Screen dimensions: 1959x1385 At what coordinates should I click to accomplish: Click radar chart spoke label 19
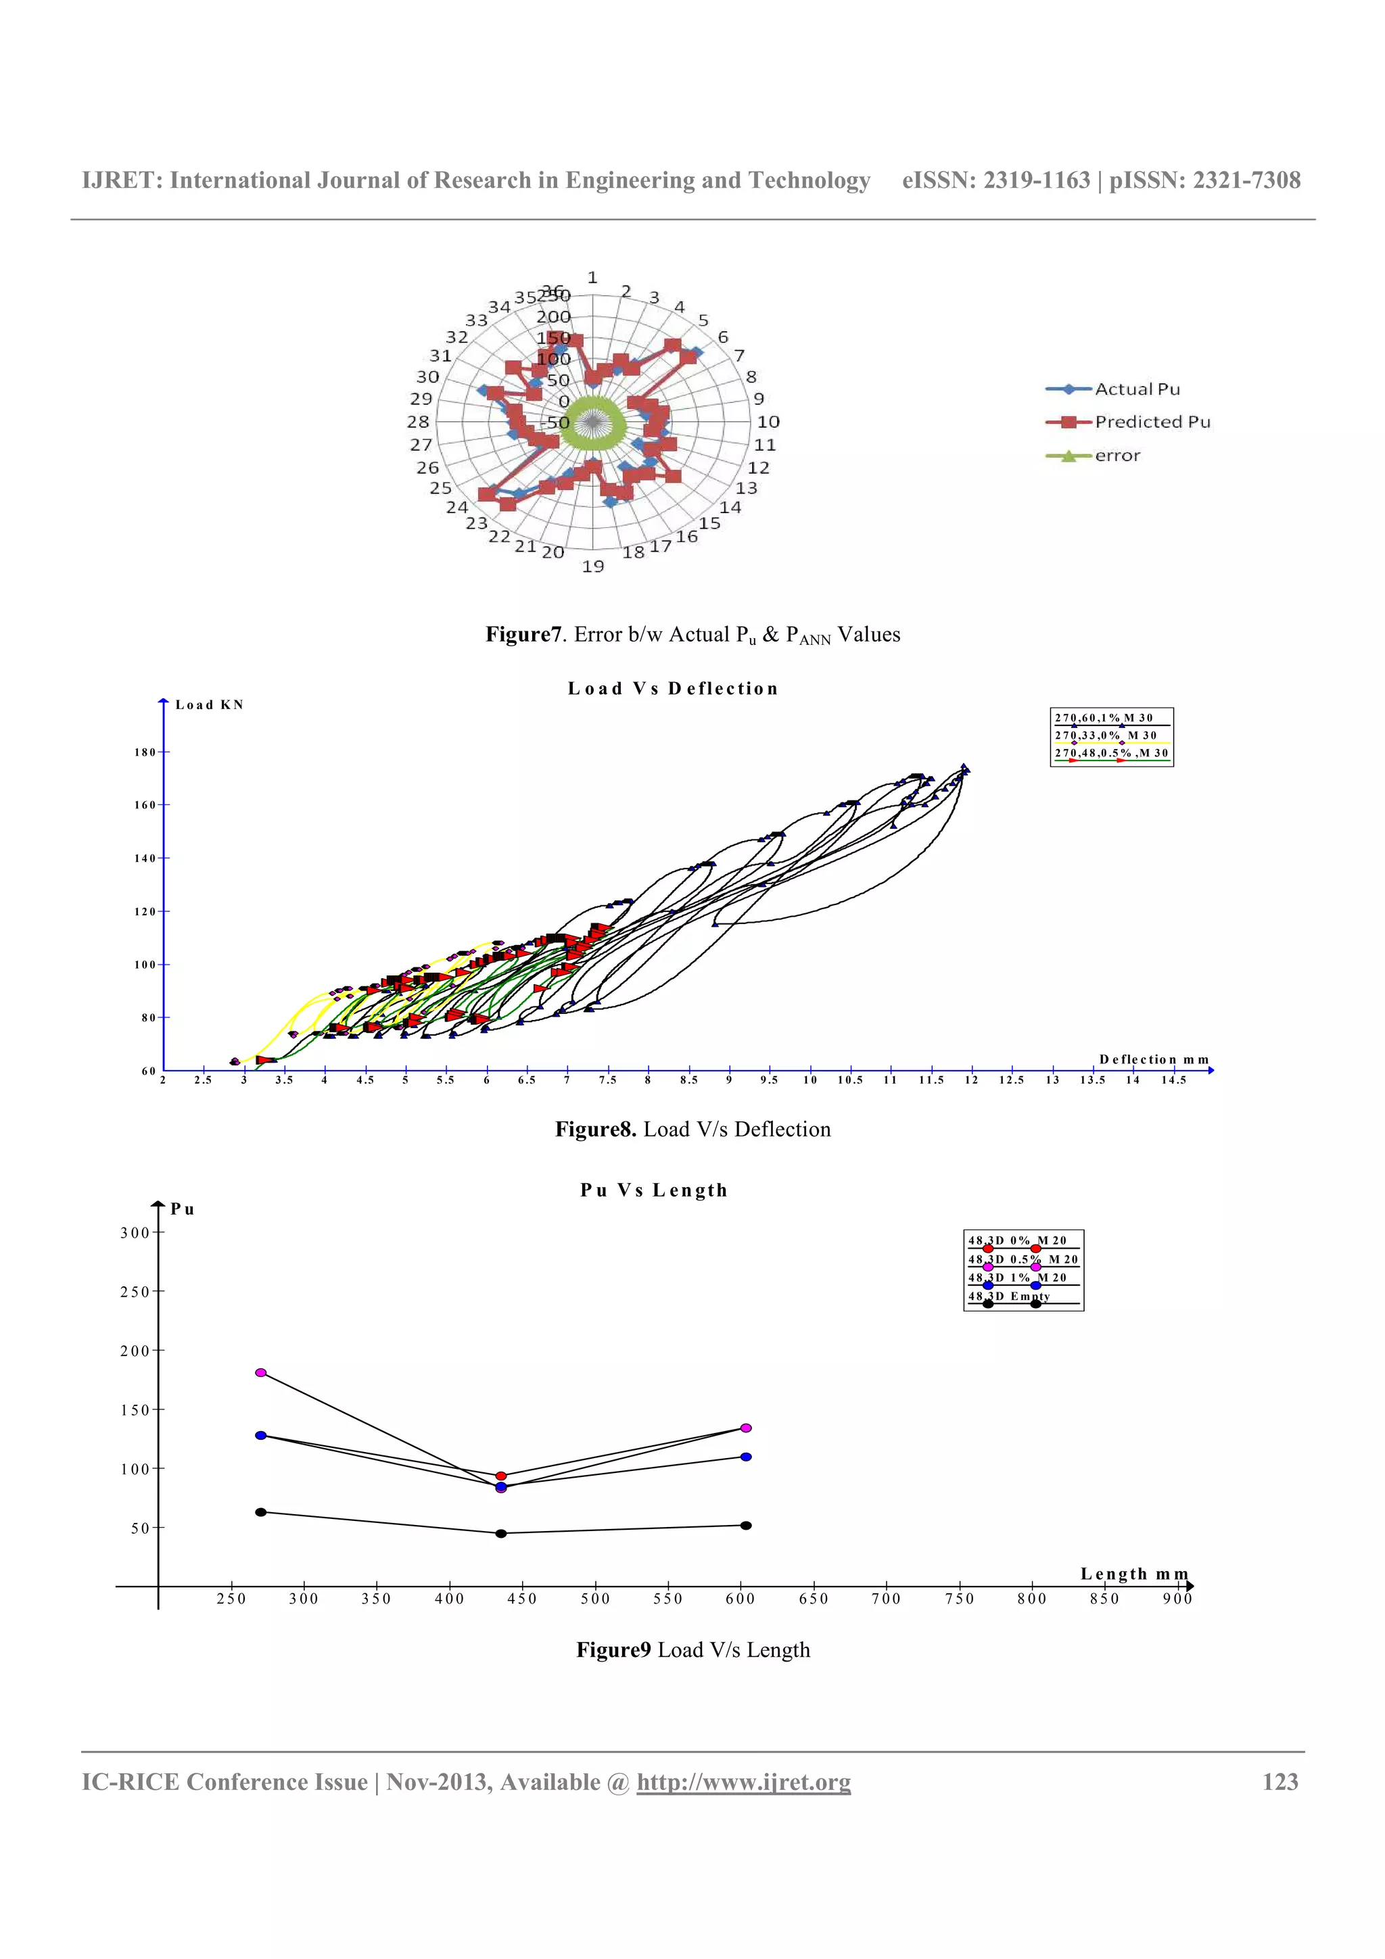(x=593, y=566)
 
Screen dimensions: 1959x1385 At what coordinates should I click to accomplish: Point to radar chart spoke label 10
(x=768, y=422)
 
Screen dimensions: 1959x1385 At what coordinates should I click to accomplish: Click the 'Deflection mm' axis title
(x=1154, y=1059)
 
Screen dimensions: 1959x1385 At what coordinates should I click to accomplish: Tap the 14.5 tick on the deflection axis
(x=1173, y=1080)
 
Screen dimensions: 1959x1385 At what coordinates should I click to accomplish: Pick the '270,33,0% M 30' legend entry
(x=1106, y=735)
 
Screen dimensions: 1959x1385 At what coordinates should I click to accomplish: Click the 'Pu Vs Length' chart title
(x=654, y=1190)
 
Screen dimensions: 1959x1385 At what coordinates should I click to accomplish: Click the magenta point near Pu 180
(x=261, y=1373)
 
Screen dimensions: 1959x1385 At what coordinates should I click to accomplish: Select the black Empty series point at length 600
(x=746, y=1526)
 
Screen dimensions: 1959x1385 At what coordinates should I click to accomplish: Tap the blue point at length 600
(x=746, y=1457)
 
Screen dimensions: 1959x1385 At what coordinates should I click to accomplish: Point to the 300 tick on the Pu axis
(x=135, y=1233)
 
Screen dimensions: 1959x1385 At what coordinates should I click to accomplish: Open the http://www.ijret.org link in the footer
(x=743, y=1783)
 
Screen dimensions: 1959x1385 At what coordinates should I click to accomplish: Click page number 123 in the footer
(x=1280, y=1783)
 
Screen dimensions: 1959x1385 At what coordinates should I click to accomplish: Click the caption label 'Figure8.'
(x=596, y=1130)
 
